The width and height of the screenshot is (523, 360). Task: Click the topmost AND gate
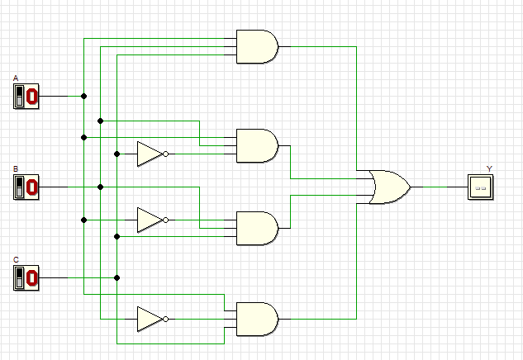[x=257, y=46]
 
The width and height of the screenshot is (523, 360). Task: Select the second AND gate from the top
[x=257, y=145]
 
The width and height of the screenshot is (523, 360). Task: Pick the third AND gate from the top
[x=257, y=228]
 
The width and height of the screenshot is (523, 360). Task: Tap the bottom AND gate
[x=257, y=319]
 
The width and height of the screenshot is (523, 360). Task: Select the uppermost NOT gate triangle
[x=150, y=154]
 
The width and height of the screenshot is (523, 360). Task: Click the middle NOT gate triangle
[x=150, y=220]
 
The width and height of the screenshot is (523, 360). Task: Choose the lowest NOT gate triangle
[x=150, y=319]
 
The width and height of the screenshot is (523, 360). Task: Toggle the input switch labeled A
[x=26, y=97]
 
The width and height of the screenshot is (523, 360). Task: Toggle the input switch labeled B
[x=26, y=187]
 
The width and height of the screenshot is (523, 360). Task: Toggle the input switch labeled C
[x=26, y=278]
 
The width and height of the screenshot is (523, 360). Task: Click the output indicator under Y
[x=479, y=187]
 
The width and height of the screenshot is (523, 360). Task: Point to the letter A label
[x=16, y=78]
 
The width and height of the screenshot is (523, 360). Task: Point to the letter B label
[x=16, y=169]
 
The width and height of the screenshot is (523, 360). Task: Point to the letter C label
[x=16, y=260]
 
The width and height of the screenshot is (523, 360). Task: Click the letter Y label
[x=489, y=168]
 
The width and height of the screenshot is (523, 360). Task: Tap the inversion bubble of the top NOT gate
[x=166, y=154]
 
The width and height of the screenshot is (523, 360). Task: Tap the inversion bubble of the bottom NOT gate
[x=166, y=319]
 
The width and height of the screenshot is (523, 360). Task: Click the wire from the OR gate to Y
[x=438, y=187]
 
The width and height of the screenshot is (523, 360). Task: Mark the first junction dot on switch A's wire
[x=83, y=96]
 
